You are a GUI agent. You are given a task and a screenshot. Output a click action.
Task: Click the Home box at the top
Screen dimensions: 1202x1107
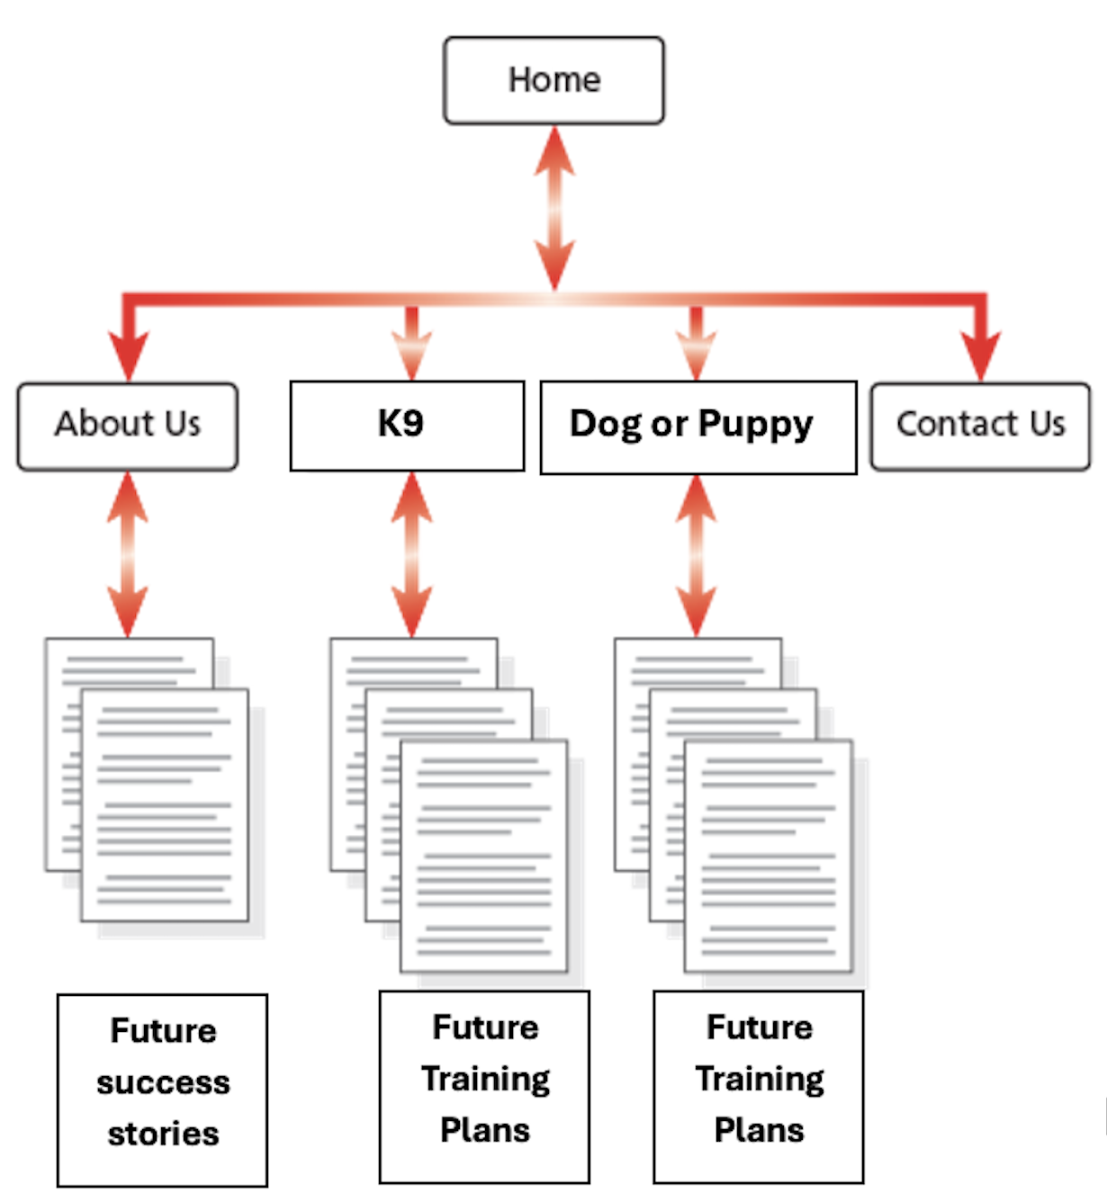pos(553,80)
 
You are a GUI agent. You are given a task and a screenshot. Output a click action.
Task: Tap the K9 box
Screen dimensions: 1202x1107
pos(407,426)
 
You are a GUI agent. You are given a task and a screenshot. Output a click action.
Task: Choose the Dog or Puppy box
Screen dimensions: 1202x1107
pos(697,426)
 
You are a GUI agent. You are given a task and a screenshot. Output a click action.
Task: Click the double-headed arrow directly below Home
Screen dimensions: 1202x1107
pos(554,207)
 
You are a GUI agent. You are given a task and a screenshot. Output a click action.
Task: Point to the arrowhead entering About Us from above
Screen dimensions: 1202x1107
pos(129,354)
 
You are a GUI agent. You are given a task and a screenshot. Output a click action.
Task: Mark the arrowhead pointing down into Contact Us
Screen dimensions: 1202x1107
pos(980,354)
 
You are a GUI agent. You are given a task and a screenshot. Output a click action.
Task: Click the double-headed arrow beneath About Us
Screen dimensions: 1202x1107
pos(128,554)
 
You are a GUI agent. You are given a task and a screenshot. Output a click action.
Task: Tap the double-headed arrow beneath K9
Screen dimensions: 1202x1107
pos(411,554)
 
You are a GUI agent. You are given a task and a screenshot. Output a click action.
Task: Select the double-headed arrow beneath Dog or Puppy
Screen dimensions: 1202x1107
pos(696,554)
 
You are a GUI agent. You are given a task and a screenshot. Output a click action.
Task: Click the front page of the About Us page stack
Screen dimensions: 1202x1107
pos(165,805)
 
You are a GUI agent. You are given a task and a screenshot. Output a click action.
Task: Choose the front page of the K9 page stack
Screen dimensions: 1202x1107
pos(484,856)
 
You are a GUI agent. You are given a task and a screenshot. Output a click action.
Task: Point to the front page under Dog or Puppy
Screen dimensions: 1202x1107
pos(768,856)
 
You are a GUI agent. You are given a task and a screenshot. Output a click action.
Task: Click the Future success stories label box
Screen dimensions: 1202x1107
pos(162,1090)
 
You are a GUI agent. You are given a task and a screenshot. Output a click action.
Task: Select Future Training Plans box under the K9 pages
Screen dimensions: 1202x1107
pos(484,1086)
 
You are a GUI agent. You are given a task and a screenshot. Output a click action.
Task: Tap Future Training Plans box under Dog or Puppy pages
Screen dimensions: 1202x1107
pos(758,1086)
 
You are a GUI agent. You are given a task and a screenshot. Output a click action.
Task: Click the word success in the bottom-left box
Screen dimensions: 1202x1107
pos(163,1082)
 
